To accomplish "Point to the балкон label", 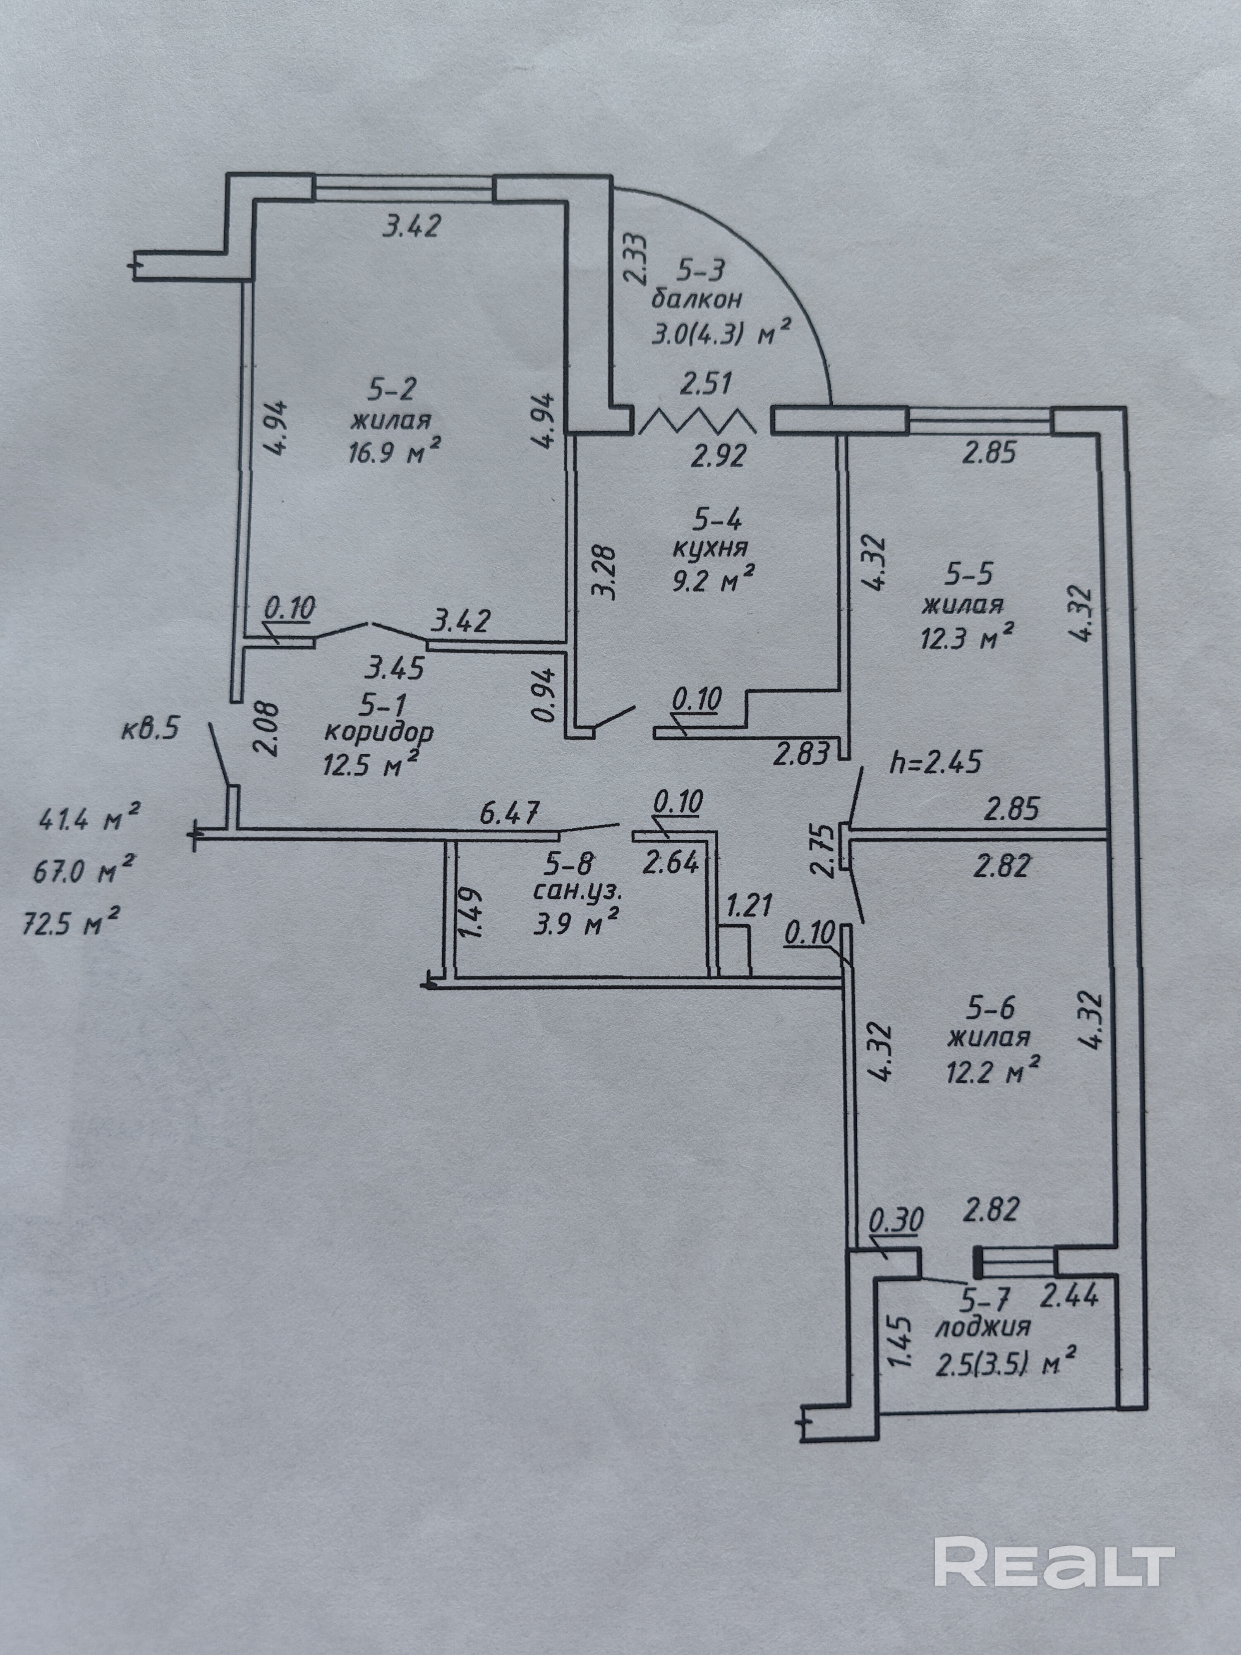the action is (697, 299).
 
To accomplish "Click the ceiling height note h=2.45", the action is (934, 763).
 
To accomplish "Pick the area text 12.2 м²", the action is (993, 1075).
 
